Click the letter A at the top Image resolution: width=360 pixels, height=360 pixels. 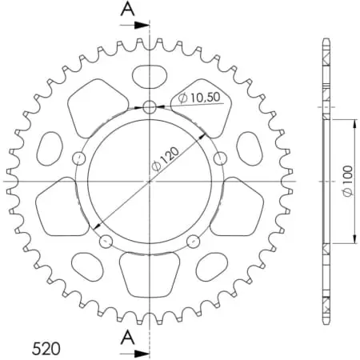[127, 10]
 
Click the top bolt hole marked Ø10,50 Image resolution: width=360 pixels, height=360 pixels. [150, 107]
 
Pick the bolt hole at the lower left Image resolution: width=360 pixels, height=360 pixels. [104, 239]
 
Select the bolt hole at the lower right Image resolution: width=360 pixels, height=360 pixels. [191, 239]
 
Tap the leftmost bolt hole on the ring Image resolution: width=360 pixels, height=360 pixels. [78, 157]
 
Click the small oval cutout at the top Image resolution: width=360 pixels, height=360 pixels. [149, 78]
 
